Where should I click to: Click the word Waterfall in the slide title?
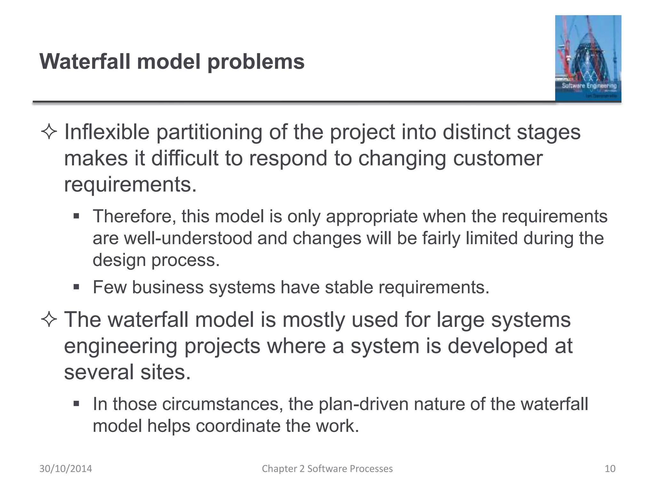click(x=85, y=61)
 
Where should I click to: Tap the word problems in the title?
click(x=256, y=62)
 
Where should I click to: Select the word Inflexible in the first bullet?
click(x=107, y=132)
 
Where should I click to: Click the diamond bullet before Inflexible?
click(x=49, y=132)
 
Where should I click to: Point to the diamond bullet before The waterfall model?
click(x=49, y=320)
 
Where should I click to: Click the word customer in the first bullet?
click(x=498, y=158)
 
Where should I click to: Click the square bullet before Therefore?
click(x=76, y=216)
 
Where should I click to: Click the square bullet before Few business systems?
click(x=76, y=287)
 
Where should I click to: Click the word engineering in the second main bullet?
click(x=121, y=346)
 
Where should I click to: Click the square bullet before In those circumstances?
click(x=76, y=404)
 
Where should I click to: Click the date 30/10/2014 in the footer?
click(x=66, y=469)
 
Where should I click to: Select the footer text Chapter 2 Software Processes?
click(x=327, y=469)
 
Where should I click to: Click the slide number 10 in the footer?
click(x=610, y=469)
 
